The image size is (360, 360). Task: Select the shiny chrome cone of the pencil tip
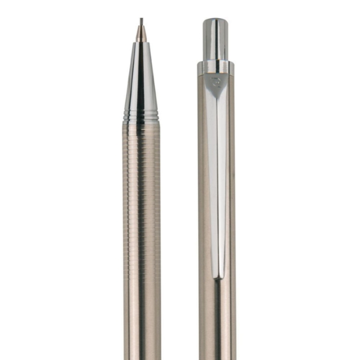(x=141, y=78)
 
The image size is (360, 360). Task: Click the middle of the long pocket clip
(x=216, y=180)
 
